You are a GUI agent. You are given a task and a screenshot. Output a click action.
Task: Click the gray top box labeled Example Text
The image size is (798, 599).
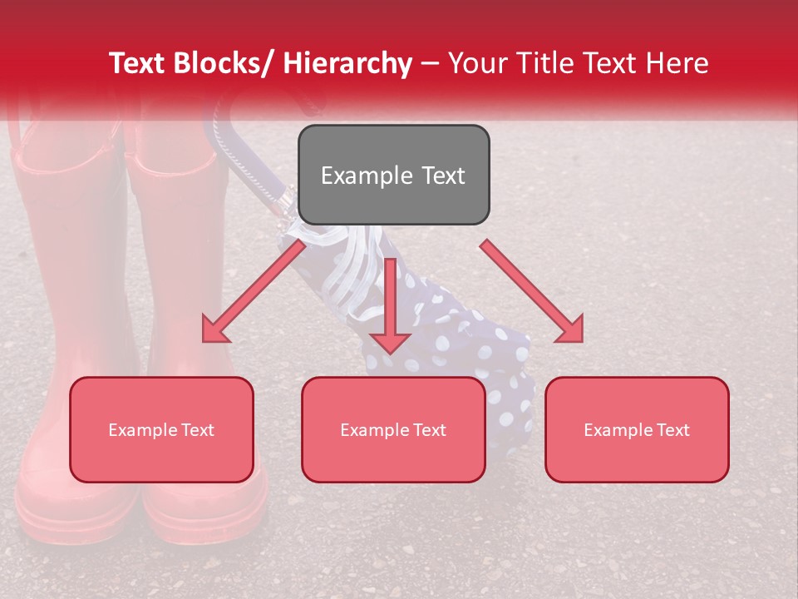pyautogui.click(x=393, y=175)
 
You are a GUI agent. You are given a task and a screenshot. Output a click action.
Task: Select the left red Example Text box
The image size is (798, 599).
pyautogui.click(x=161, y=429)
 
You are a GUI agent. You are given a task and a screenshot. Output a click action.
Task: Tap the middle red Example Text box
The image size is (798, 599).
pyautogui.click(x=393, y=429)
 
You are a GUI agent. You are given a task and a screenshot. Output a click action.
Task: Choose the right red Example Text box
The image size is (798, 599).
pyautogui.click(x=637, y=429)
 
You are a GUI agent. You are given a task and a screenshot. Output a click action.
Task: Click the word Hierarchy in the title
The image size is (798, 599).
pyautogui.click(x=347, y=63)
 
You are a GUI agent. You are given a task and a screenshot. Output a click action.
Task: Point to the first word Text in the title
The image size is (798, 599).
pyautogui.click(x=139, y=63)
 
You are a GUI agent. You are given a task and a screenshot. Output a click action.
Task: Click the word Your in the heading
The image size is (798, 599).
pyautogui.click(x=475, y=63)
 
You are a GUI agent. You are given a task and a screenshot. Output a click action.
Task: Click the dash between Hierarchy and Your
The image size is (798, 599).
pyautogui.click(x=430, y=63)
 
